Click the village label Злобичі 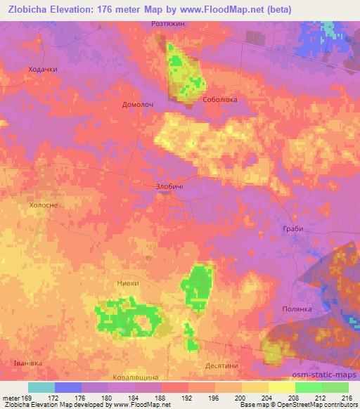[168, 186]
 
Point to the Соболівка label [220, 100]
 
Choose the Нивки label [127, 283]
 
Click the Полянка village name [297, 309]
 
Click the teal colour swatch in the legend [41, 387]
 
